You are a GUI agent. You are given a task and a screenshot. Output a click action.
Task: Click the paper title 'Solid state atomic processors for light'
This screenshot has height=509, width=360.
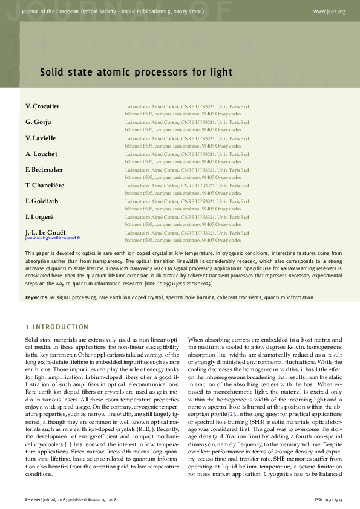[136, 73]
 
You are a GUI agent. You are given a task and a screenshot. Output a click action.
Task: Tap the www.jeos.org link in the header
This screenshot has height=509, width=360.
[329, 11]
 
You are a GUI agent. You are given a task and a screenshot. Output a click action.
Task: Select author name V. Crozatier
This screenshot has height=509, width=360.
[42, 106]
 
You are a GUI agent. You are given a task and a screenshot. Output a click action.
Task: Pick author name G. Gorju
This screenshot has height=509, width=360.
[37, 122]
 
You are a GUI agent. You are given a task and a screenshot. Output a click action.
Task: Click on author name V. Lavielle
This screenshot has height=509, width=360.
[41, 138]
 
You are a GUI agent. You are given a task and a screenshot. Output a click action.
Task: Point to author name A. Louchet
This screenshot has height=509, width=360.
[41, 154]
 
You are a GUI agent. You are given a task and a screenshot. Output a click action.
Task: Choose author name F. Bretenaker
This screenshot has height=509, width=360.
[44, 169]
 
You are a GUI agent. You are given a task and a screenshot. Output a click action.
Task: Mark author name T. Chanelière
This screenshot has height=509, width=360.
[45, 185]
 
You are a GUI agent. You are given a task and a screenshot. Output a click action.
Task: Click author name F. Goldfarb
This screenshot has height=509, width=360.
[42, 201]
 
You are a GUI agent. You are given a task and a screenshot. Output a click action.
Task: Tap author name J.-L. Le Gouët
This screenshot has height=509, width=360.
[45, 232]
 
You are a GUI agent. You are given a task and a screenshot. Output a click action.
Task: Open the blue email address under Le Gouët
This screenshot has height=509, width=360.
[53, 238]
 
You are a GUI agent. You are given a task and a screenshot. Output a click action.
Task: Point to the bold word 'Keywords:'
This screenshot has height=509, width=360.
[37, 297]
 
